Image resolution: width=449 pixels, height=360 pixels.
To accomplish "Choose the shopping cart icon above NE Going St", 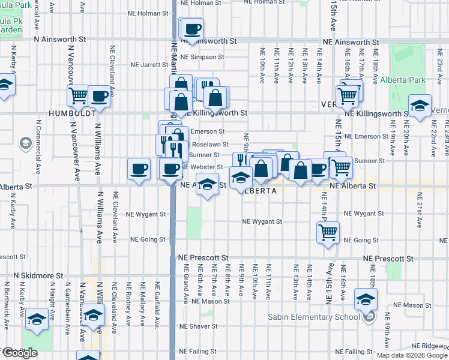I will [x=328, y=232].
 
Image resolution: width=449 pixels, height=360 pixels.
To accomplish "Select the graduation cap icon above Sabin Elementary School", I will [x=366, y=299].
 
